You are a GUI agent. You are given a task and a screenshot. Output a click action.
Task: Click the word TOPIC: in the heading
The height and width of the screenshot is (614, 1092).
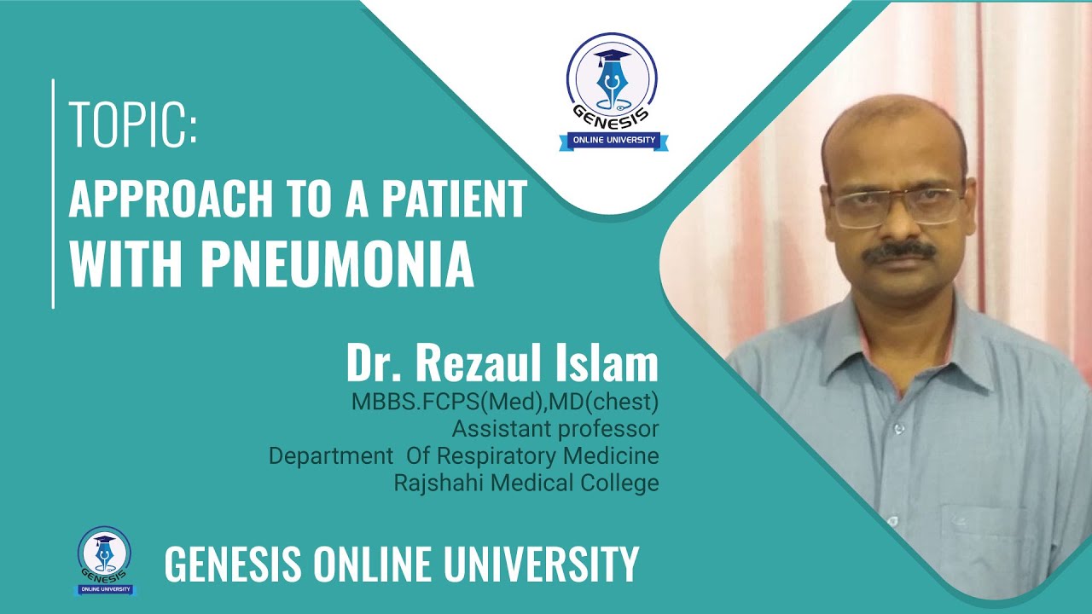(133, 125)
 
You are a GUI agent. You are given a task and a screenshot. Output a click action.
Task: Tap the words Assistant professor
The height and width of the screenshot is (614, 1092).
(555, 428)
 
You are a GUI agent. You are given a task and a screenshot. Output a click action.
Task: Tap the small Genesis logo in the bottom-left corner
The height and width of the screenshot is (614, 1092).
(105, 559)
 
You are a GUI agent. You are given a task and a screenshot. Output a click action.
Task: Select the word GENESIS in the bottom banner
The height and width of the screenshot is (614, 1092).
(232, 564)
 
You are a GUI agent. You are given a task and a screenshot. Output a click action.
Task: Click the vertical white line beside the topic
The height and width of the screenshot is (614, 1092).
(54, 194)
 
